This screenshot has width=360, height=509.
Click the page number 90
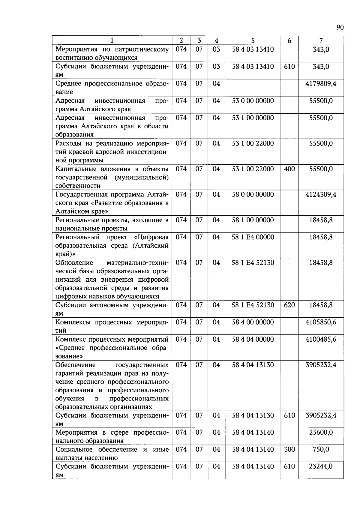tap(340, 28)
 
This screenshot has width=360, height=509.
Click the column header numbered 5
tap(253, 40)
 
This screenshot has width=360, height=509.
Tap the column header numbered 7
tap(321, 40)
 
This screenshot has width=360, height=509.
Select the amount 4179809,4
tap(321, 84)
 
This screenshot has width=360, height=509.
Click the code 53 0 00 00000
tap(253, 101)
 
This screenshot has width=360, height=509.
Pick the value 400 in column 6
tap(289, 169)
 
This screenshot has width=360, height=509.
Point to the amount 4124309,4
tap(321, 194)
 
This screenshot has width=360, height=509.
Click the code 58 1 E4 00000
tap(253, 237)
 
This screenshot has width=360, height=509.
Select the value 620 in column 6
tap(289, 305)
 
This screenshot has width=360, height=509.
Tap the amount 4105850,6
tap(321, 322)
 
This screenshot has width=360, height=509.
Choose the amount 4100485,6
tap(321, 339)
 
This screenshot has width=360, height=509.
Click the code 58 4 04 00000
tap(253, 339)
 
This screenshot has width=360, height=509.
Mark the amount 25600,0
tap(321, 432)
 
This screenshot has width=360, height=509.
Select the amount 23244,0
tap(321, 466)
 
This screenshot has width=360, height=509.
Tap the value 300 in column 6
tap(289, 449)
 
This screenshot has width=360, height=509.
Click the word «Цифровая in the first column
tap(151, 237)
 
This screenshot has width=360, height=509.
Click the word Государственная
tap(80, 195)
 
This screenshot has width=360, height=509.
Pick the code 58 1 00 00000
tap(253, 220)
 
